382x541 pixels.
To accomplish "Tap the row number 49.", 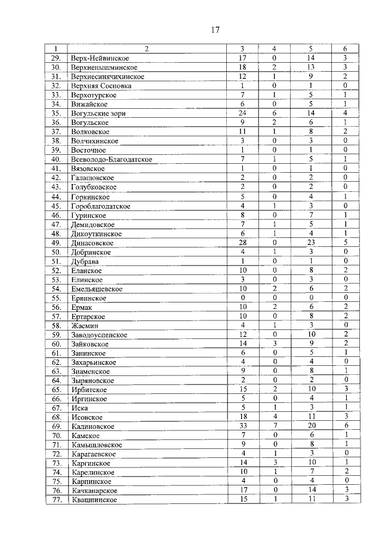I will coord(57,243).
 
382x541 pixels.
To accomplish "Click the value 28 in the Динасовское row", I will coord(242,243).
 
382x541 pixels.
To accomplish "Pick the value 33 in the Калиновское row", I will coord(242,426).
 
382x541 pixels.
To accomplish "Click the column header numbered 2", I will coord(146,48).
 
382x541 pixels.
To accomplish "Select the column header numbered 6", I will coord(345,48).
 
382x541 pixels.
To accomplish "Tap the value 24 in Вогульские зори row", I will coord(242,113).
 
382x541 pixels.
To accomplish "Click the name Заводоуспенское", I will coord(98,335).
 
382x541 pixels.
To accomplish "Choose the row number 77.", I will coord(57,500).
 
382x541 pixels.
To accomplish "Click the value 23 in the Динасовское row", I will coord(310,243).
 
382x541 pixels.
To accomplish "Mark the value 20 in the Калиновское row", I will coord(310,426).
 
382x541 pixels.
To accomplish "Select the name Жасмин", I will coord(84,326).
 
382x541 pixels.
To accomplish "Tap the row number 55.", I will coord(57,298).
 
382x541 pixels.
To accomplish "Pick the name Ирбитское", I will coord(88,390).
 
